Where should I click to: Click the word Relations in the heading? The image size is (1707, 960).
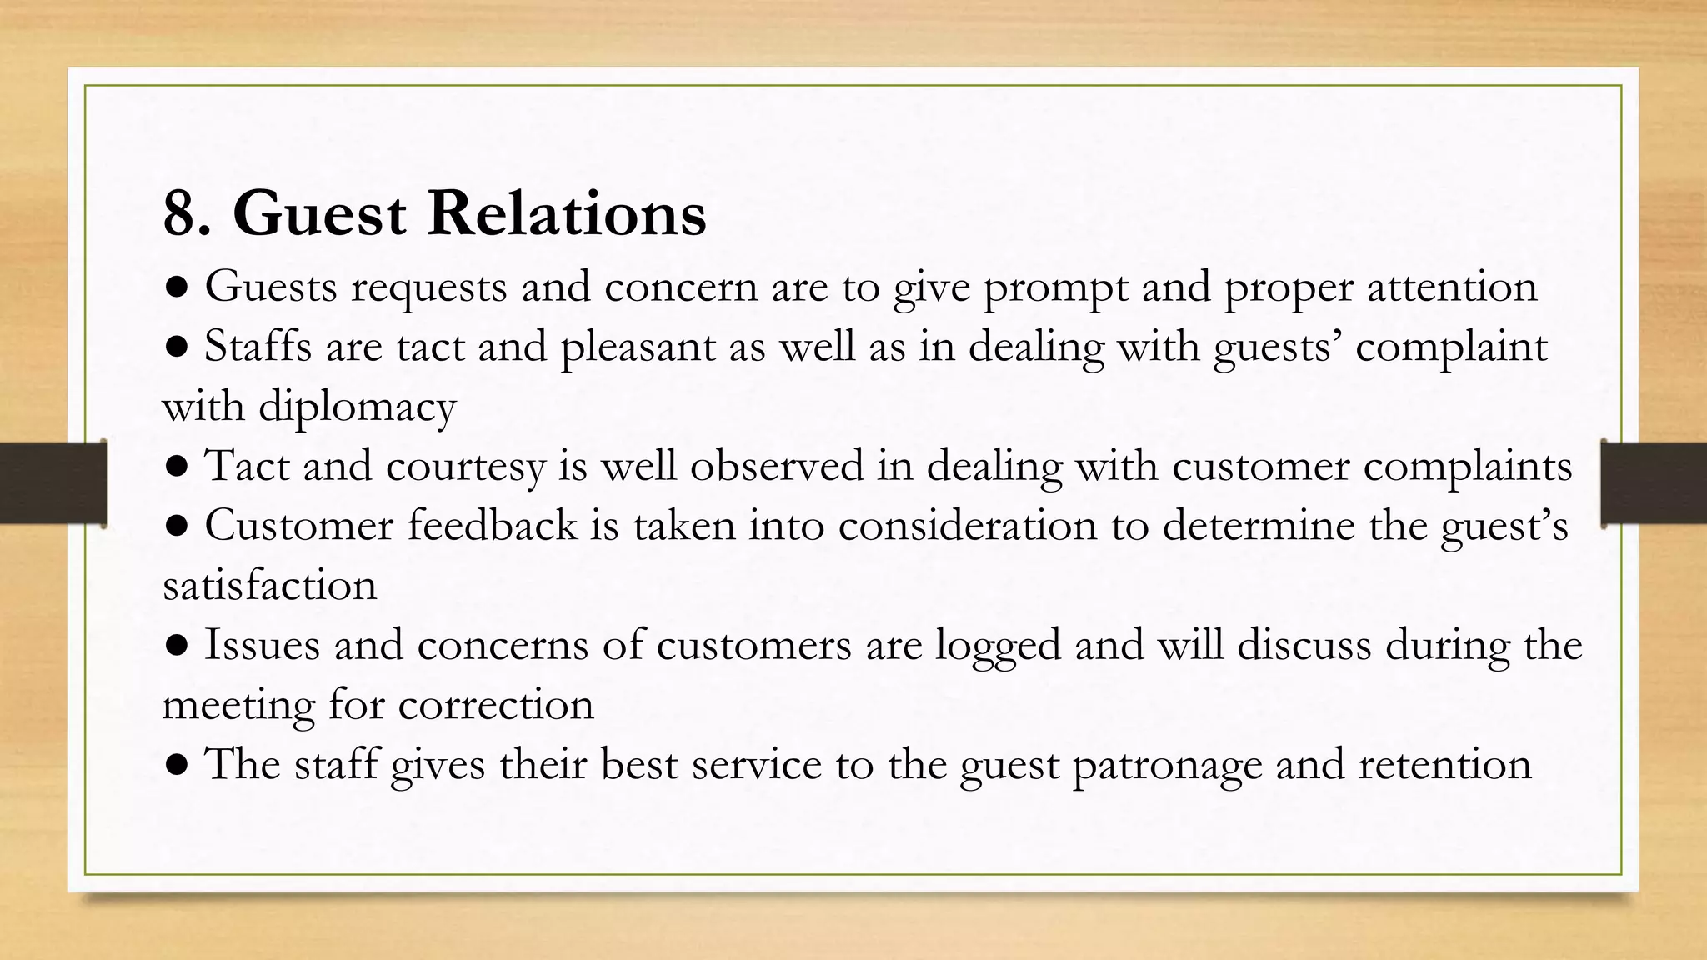point(567,214)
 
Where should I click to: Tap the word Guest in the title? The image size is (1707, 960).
point(320,214)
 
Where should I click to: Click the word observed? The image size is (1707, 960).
point(776,465)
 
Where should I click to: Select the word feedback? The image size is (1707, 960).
point(492,526)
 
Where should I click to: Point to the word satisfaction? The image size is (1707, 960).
point(269,586)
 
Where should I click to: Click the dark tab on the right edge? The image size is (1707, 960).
point(1654,482)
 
